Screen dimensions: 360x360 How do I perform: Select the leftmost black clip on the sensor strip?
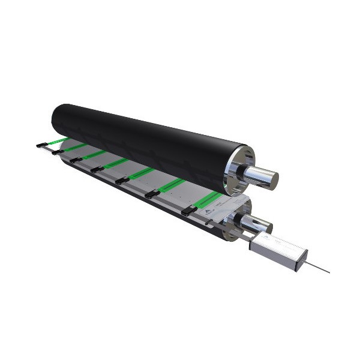pos(41,144)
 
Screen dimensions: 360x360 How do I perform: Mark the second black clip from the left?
pos(58,152)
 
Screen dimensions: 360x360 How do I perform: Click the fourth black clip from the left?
pos(97,169)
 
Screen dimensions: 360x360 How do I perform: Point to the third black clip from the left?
pos(76,160)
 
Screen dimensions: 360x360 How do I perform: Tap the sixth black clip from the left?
pos(152,194)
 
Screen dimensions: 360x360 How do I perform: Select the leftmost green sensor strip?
pos(57,142)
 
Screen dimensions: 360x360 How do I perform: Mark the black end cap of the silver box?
pos(303,257)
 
